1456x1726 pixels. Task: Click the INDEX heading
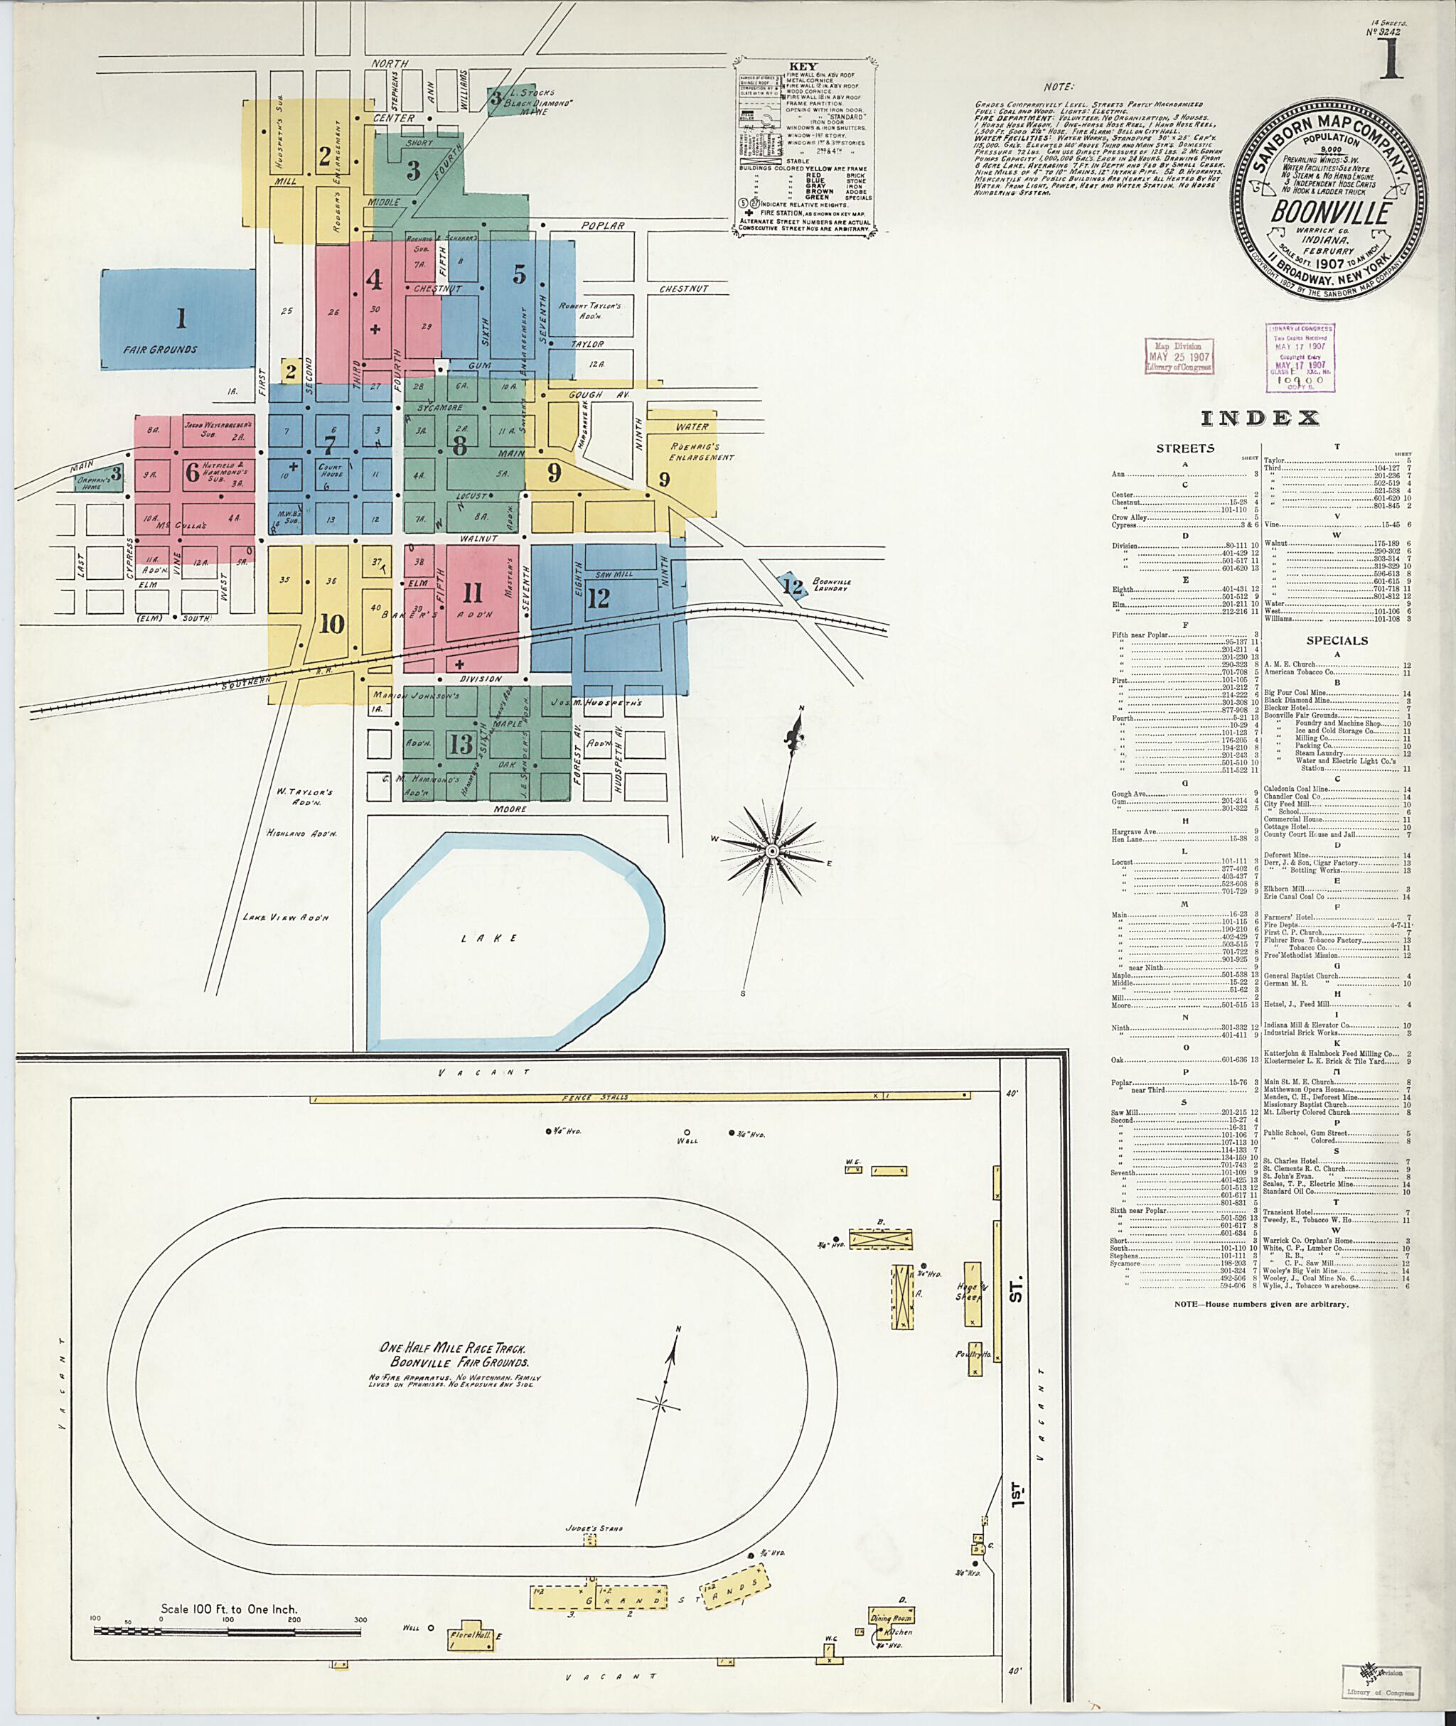pyautogui.click(x=1260, y=419)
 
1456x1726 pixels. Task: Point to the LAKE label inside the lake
pyautogui.click(x=500, y=938)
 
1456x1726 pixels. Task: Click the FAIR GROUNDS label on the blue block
pyautogui.click(x=161, y=349)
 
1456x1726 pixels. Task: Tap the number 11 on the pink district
pyautogui.click(x=472, y=593)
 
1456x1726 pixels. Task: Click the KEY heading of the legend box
pyautogui.click(x=803, y=66)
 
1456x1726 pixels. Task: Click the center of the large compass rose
pyautogui.click(x=773, y=850)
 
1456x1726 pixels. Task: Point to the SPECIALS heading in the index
pyautogui.click(x=1337, y=640)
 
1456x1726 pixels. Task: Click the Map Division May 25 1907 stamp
pyautogui.click(x=1179, y=355)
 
